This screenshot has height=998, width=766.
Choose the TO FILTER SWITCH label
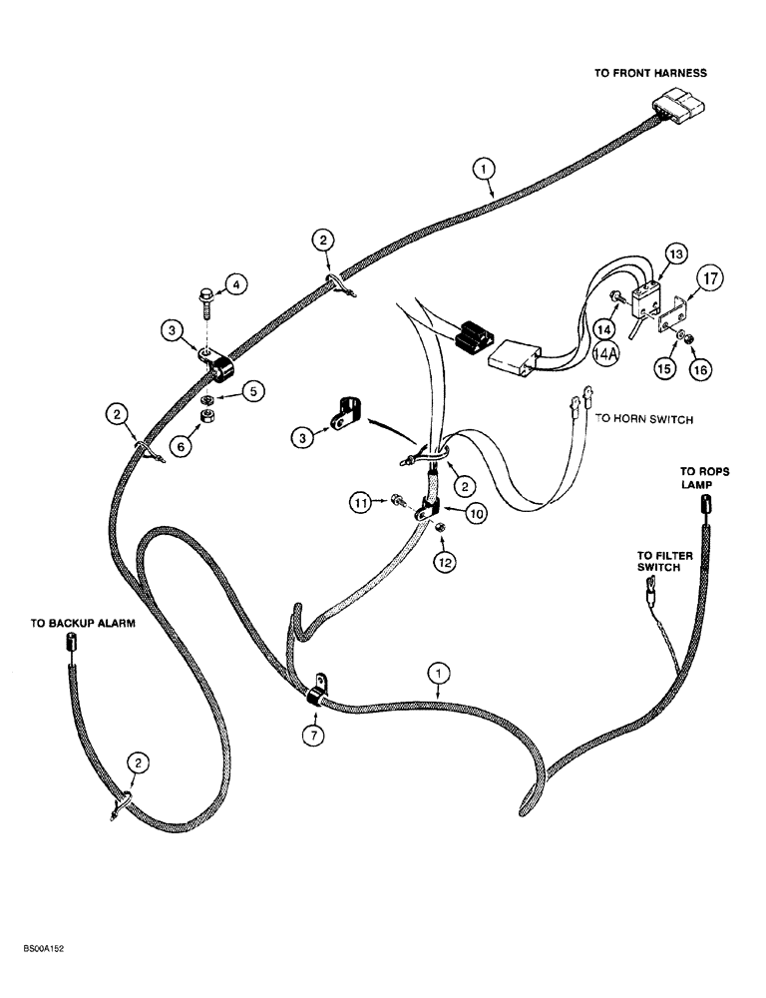coord(660,561)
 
